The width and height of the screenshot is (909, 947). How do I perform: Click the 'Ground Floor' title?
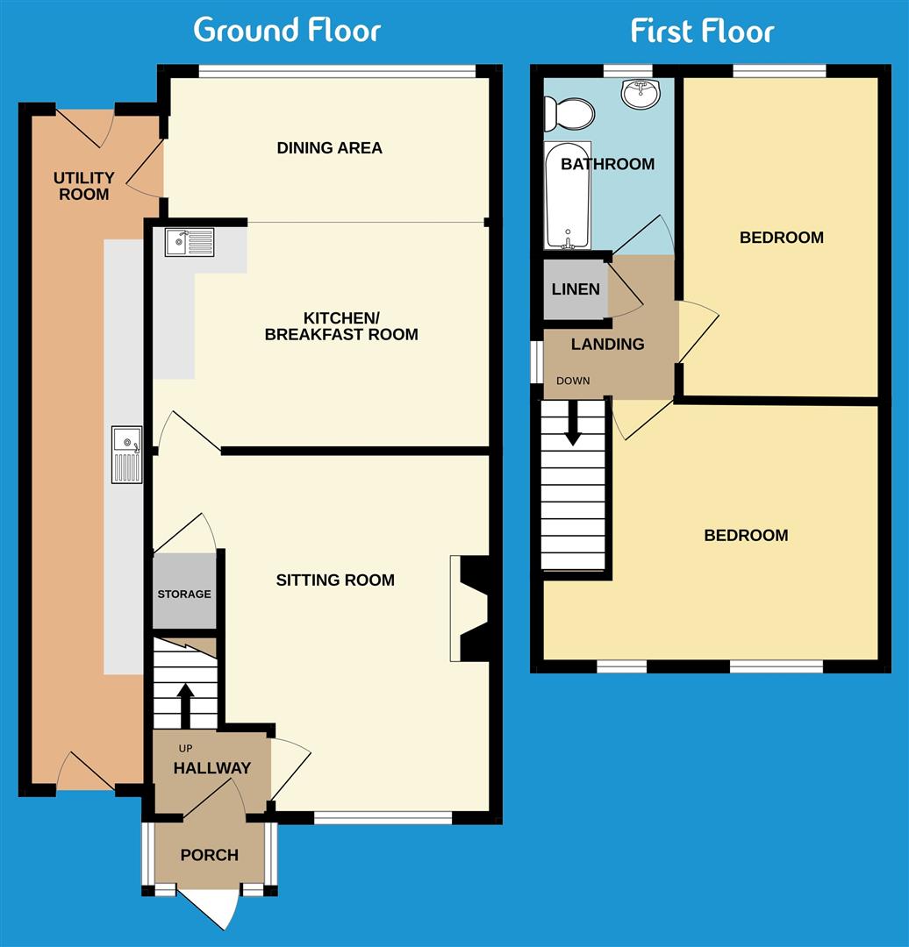pos(287,30)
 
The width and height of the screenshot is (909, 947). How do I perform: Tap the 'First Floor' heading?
pos(702,32)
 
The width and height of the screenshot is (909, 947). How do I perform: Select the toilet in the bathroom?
pos(568,113)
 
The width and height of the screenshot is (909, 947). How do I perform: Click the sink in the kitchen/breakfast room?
pos(189,242)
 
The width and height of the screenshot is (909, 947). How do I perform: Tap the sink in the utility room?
pos(126,454)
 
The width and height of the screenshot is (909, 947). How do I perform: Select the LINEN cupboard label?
pos(576,289)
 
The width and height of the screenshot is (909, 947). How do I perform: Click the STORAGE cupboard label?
pos(184,594)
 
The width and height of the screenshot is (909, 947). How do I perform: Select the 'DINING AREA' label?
pos(329,147)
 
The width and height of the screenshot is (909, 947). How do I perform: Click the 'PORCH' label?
pos(209,855)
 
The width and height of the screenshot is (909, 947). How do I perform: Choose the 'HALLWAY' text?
pos(211,768)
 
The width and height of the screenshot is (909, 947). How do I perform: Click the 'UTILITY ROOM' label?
pos(84,186)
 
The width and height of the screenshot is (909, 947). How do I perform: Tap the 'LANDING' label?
pos(607,344)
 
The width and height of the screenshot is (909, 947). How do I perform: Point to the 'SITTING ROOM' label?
pos(335,580)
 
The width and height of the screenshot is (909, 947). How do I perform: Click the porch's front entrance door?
pos(211,907)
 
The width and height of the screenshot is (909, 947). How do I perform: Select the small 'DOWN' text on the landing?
pos(573,381)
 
